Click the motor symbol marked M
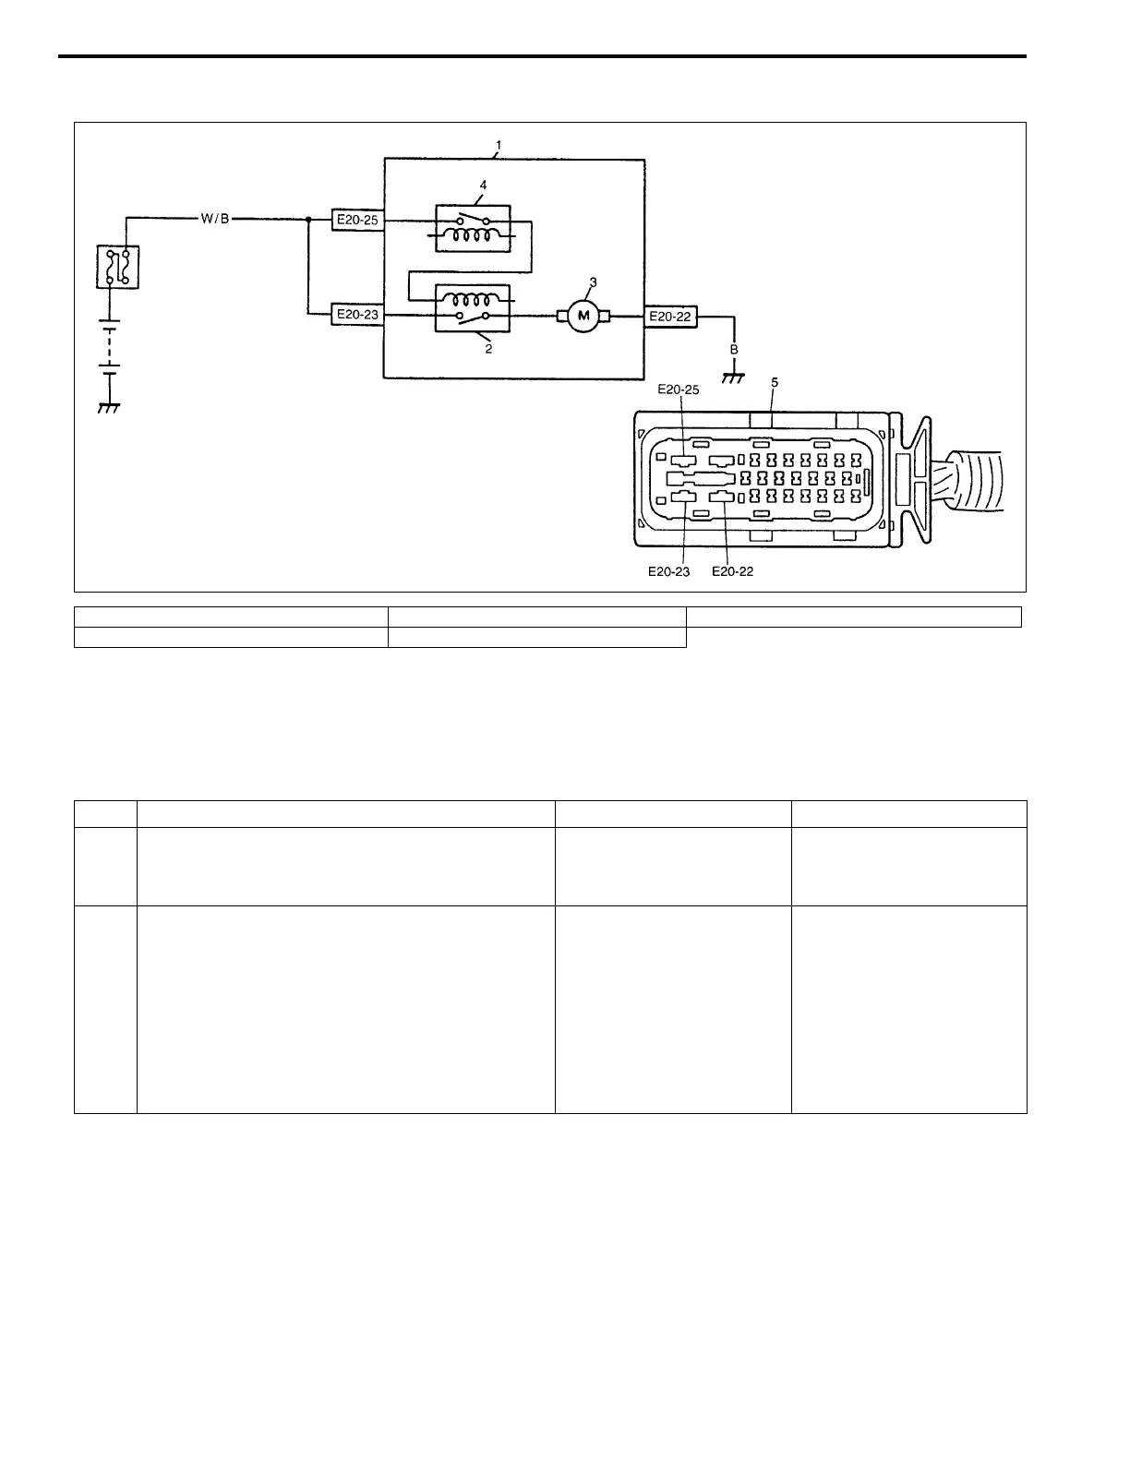pos(583,318)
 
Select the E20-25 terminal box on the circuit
pos(357,221)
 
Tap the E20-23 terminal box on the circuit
pos(357,315)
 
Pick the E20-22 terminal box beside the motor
pos(669,317)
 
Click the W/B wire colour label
pos(215,219)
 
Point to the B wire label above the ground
pos(734,350)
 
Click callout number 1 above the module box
pos(499,146)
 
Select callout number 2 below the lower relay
pos(488,349)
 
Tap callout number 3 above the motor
pos(593,281)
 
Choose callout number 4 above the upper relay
pos(482,184)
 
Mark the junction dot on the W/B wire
pos(307,220)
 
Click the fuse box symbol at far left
pos(117,267)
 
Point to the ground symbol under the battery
pos(110,406)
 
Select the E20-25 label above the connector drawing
pos(678,389)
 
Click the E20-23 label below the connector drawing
pos(668,571)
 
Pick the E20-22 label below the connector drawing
pos(732,571)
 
